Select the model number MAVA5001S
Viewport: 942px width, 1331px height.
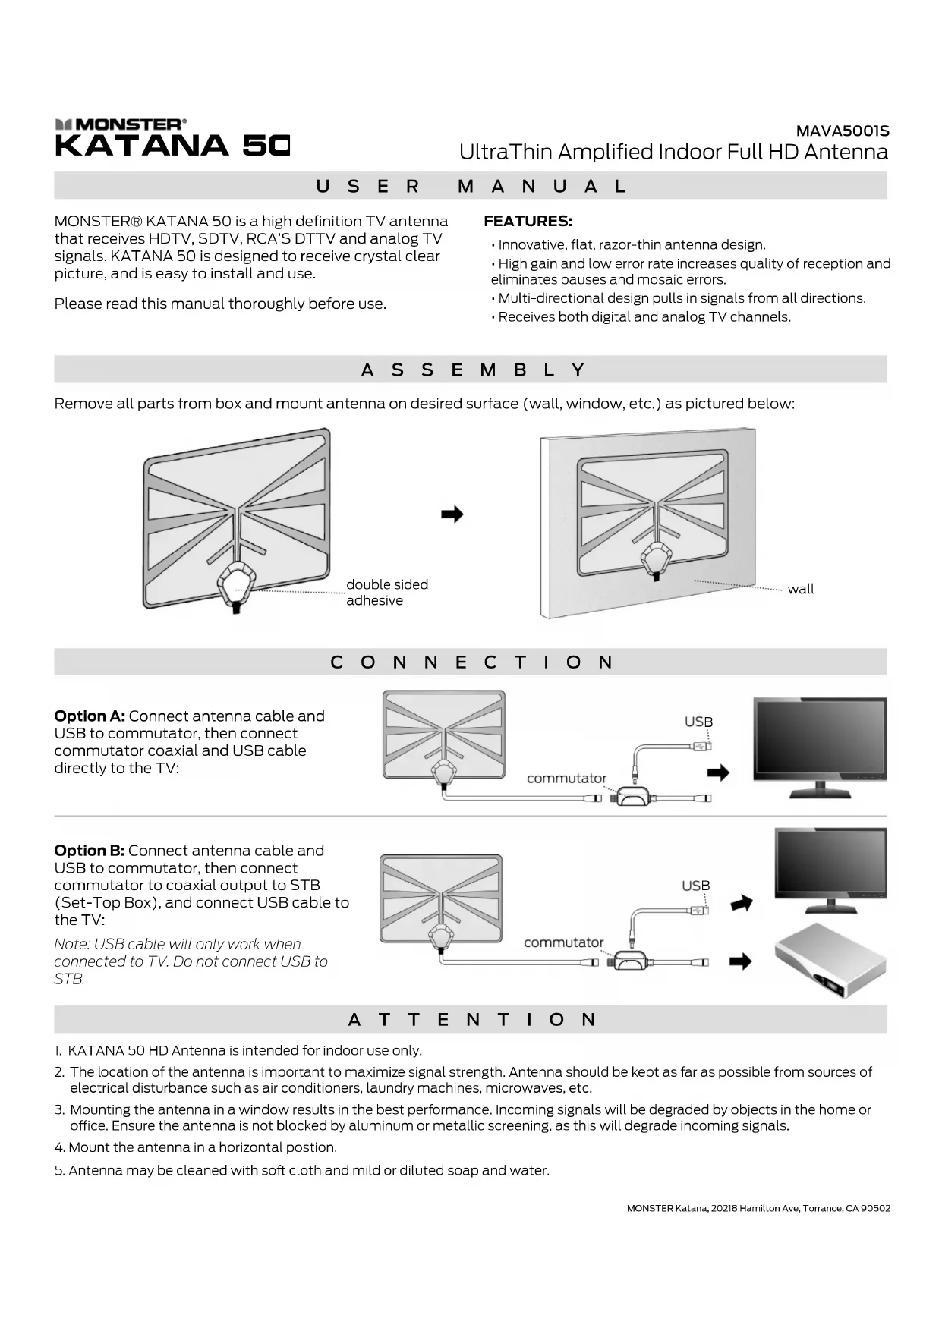pos(843,131)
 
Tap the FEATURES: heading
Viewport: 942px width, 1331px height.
pos(528,222)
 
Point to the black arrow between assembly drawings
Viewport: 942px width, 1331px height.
pos(452,514)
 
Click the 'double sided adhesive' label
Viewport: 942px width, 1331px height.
pos(386,593)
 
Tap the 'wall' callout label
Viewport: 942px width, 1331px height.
pos(800,589)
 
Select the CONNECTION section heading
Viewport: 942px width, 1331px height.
pos(471,662)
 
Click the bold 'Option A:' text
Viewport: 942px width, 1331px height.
pos(90,716)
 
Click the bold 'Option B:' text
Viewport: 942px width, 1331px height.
pos(90,851)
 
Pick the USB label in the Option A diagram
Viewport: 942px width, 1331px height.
pos(698,722)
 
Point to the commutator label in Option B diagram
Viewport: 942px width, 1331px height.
pos(563,942)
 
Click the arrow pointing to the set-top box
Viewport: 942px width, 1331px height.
pos(740,961)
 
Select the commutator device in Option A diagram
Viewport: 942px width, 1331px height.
pos(632,797)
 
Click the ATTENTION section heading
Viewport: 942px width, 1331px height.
pos(471,1020)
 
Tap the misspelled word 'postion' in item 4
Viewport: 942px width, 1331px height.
pos(313,1147)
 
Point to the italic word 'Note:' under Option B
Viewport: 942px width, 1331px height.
pos(71,944)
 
